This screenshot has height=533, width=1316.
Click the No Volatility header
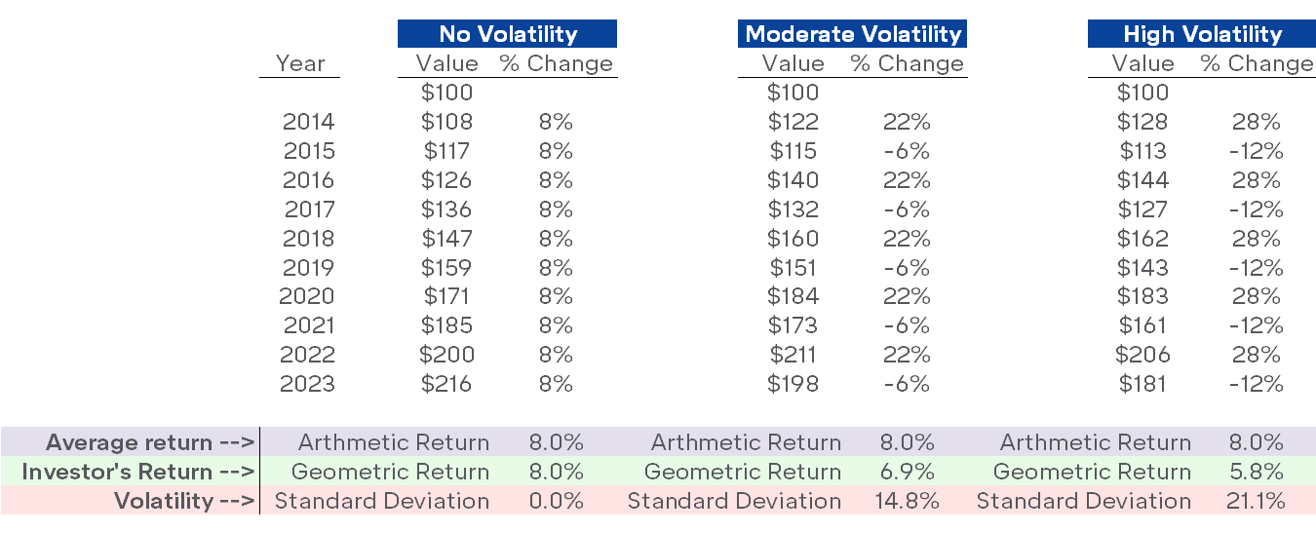[507, 34]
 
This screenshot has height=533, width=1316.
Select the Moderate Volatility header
[853, 34]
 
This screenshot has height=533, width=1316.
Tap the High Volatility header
[1202, 34]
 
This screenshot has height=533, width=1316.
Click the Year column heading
[300, 64]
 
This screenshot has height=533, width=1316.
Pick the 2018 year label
[308, 239]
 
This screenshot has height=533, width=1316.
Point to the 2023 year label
[308, 384]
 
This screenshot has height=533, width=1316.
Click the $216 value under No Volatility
[447, 384]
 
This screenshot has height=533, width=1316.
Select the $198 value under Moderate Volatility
[793, 384]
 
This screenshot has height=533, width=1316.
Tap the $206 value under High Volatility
[1142, 355]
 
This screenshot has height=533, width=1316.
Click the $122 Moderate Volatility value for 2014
[793, 122]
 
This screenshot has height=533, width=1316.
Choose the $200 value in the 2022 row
[447, 355]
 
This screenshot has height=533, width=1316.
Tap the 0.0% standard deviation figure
[556, 502]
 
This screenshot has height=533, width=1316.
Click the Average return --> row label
[150, 443]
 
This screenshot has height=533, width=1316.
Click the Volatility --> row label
[184, 502]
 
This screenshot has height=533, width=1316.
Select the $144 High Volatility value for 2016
[1142, 180]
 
